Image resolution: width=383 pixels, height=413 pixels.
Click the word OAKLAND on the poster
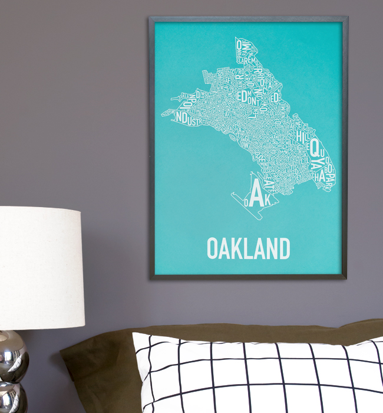248,248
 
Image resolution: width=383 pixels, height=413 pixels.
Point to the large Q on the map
315,146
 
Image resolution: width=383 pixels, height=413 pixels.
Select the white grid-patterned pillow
259,375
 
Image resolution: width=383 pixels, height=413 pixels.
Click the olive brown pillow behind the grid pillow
100,366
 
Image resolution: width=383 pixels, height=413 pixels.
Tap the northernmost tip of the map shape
237,38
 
